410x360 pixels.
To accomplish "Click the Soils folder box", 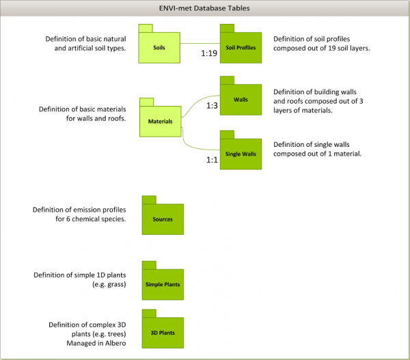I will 159,47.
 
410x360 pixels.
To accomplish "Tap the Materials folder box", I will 160,122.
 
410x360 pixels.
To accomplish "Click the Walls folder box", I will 240,100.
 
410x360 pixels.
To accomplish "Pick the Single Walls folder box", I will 240,154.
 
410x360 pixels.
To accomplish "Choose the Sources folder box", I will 163,219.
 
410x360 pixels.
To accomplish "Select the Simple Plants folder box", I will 163,283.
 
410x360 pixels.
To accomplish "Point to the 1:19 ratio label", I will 209,53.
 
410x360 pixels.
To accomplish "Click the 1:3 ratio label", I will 212,106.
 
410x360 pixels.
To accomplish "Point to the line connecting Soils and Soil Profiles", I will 200,44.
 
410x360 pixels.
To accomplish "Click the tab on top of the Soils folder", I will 145,28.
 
